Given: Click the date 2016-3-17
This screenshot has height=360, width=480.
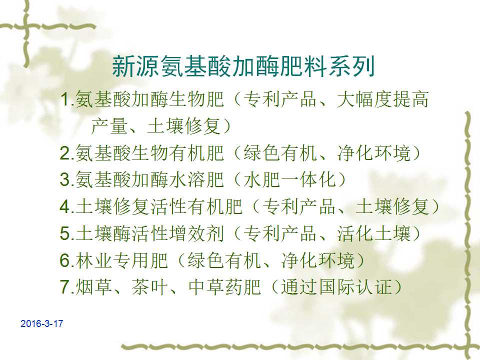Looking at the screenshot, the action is pos(41,323).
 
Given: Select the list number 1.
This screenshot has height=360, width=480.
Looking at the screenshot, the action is pos(65,99).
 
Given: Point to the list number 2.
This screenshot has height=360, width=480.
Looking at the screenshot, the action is pos(65,153).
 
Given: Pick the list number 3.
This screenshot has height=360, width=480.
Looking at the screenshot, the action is pos(65,179).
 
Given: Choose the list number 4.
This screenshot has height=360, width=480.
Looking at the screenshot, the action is pos(65,206).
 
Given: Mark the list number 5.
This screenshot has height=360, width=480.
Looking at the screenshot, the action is pos(65,233).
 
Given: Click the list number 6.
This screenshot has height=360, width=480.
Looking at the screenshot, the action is pos(65,260).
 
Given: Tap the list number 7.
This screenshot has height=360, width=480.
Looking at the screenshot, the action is pos(65,287).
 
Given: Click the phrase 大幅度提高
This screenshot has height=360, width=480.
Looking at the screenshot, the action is pos(382,99).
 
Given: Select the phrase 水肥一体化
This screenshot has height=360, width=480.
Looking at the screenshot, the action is pos(290,179).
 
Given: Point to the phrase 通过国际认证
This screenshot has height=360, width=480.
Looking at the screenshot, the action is pos(336,287).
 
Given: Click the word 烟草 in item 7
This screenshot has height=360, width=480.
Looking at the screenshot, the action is pos(93,287).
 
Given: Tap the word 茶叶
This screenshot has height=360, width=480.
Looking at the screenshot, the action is pos(149,287).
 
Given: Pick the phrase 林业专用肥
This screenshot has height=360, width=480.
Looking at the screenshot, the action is pos(121,260).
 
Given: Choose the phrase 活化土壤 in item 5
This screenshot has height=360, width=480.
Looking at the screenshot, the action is pos(373,233).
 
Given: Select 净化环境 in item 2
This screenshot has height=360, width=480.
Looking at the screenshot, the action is pos(373,153).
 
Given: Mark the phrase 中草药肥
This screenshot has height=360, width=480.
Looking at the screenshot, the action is pos(224,287).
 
